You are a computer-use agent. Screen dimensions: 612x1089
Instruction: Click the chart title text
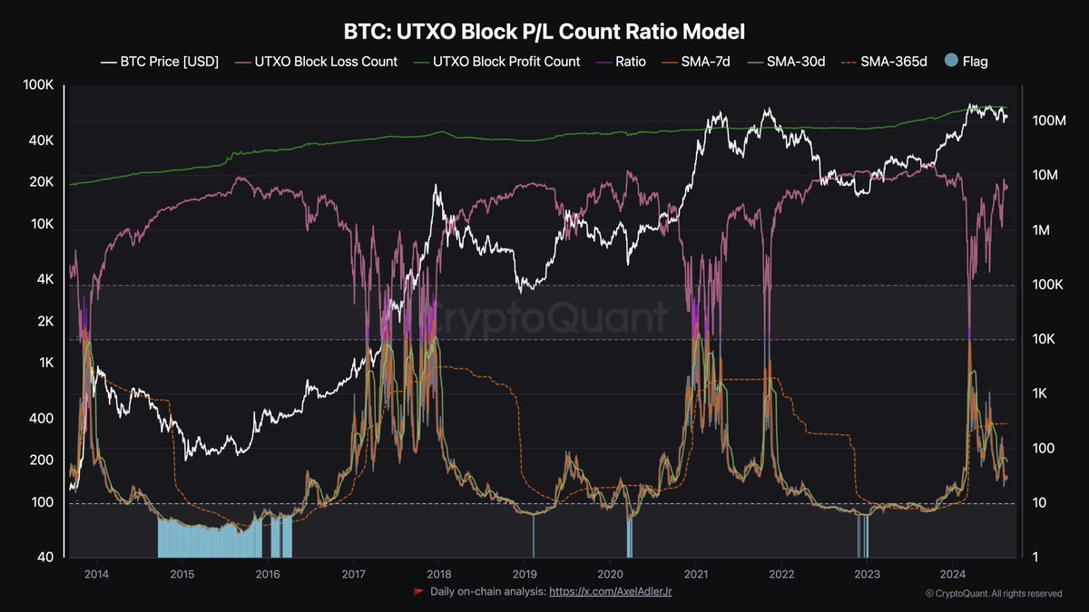click(544, 32)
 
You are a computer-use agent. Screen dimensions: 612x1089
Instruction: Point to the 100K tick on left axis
click(39, 85)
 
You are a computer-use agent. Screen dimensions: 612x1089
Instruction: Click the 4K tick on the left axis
click(44, 279)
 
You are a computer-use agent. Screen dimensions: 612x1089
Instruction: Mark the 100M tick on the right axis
click(1048, 121)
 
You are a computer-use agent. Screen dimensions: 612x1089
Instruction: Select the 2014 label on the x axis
click(96, 574)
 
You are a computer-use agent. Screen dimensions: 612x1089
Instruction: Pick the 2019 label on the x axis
click(525, 574)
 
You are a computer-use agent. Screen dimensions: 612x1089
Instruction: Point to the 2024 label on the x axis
click(953, 574)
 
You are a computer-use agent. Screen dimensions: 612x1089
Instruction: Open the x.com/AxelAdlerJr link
click(611, 592)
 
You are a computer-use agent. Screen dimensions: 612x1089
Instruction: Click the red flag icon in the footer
click(418, 592)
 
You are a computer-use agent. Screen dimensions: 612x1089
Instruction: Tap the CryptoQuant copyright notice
click(994, 594)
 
